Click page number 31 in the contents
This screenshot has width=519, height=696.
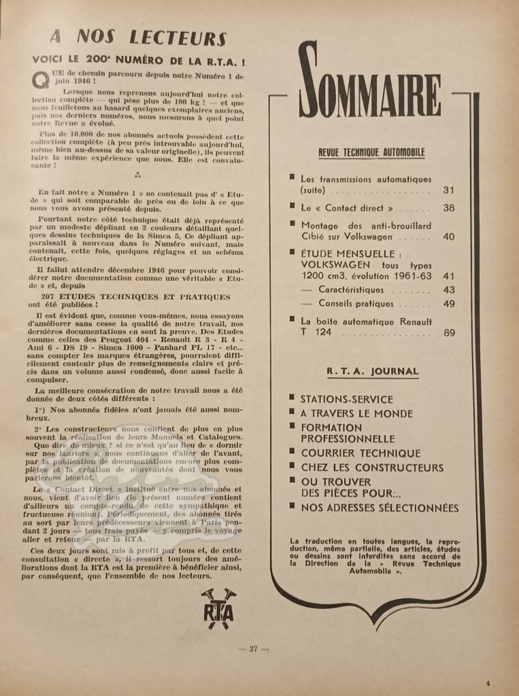click(x=448, y=190)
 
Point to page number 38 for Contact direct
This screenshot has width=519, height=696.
click(x=448, y=208)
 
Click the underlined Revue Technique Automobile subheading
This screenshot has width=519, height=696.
click(x=371, y=152)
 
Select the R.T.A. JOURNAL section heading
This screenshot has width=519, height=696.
click(x=372, y=371)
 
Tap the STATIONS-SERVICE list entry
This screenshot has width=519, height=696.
click(x=347, y=399)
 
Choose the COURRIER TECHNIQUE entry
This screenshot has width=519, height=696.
click(x=361, y=453)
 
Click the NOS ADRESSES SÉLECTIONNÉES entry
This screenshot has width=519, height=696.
click(x=380, y=508)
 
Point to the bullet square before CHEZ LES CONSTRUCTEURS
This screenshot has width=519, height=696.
click(x=292, y=467)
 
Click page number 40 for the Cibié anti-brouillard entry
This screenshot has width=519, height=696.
click(x=448, y=237)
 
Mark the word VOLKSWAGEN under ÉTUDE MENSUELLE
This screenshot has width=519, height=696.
click(x=336, y=264)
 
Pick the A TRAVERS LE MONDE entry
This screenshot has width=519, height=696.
click(x=356, y=413)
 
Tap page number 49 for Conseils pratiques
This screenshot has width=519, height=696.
click(x=448, y=304)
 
